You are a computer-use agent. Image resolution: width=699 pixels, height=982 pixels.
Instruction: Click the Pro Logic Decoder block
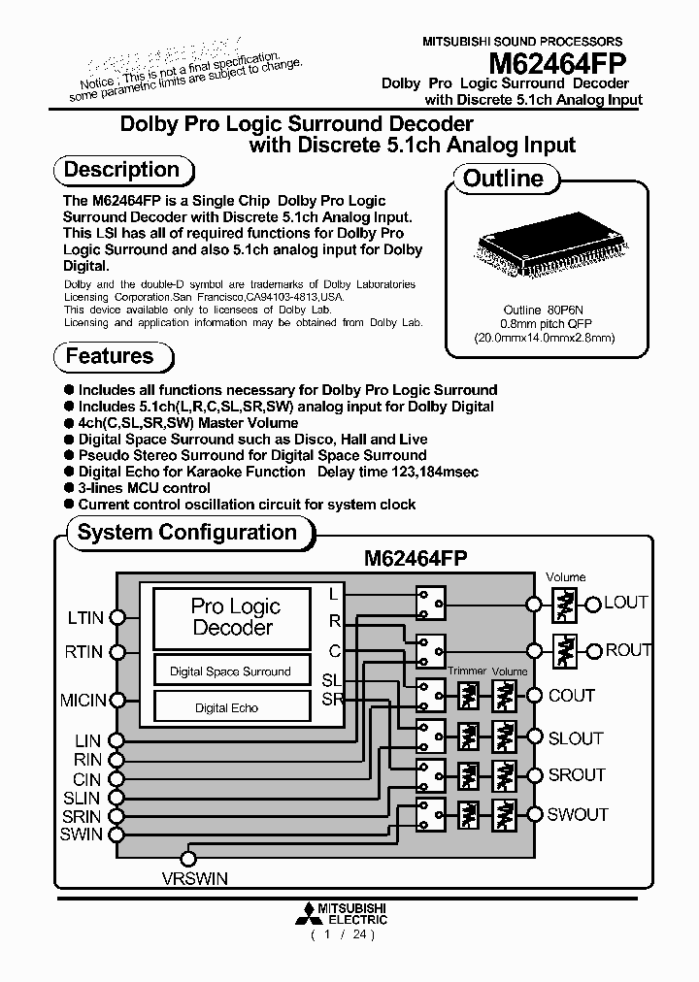coord(236,617)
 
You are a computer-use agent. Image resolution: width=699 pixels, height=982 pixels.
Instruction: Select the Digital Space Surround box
coord(230,671)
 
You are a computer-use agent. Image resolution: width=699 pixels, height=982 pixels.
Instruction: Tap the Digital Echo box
coord(226,707)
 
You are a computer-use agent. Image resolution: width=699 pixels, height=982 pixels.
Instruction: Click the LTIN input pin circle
coord(117,617)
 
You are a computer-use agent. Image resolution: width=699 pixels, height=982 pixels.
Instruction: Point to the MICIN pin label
coord(83,699)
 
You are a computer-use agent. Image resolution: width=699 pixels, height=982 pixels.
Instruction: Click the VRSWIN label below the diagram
coord(193,879)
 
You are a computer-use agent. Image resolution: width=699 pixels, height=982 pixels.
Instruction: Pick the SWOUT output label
coord(578,814)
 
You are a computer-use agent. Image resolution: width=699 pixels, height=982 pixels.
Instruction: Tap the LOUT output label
coord(626,603)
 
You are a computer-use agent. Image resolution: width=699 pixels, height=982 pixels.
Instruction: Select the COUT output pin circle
coord(533,695)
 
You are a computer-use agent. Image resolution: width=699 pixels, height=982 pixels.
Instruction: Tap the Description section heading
coord(121,170)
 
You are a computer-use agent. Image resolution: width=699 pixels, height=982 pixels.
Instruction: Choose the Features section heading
coord(110,356)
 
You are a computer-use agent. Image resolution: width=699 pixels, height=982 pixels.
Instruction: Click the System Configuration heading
coord(186,533)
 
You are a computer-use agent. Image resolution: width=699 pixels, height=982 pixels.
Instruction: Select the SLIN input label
coord(83,798)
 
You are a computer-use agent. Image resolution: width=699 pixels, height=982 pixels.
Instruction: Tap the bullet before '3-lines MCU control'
coord(69,488)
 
